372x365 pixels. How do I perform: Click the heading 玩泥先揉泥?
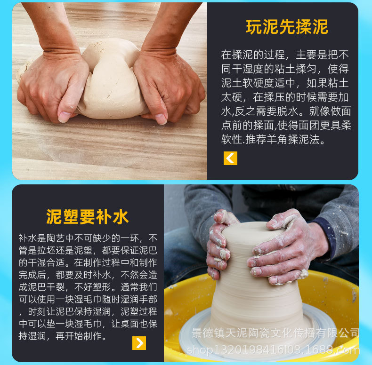click(287, 27)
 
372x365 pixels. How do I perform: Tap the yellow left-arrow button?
click(230, 158)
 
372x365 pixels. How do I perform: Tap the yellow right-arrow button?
click(139, 343)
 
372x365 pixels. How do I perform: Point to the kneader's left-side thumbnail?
click(65, 117)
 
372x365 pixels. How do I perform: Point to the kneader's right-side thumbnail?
click(161, 119)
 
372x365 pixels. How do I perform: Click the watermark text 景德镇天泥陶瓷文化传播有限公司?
click(276, 333)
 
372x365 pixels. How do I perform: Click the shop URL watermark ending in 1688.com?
click(273, 349)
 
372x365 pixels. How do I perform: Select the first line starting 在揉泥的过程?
click(285, 55)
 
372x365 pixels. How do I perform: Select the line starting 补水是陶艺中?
click(88, 238)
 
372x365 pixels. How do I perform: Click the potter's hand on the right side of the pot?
click(283, 249)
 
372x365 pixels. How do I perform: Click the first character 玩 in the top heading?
click(254, 27)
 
